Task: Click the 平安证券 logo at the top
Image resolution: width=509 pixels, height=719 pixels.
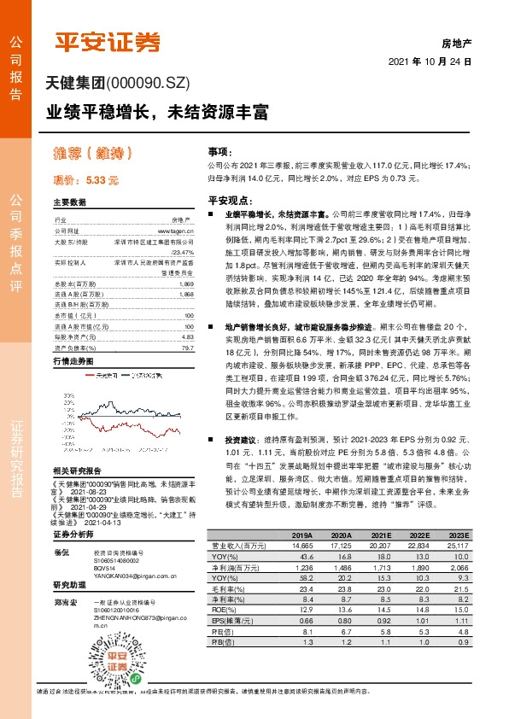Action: (x=107, y=42)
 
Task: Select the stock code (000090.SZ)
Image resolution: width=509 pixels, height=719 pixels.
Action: (x=146, y=84)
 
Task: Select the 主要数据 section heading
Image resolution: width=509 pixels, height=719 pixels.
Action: (x=70, y=202)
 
